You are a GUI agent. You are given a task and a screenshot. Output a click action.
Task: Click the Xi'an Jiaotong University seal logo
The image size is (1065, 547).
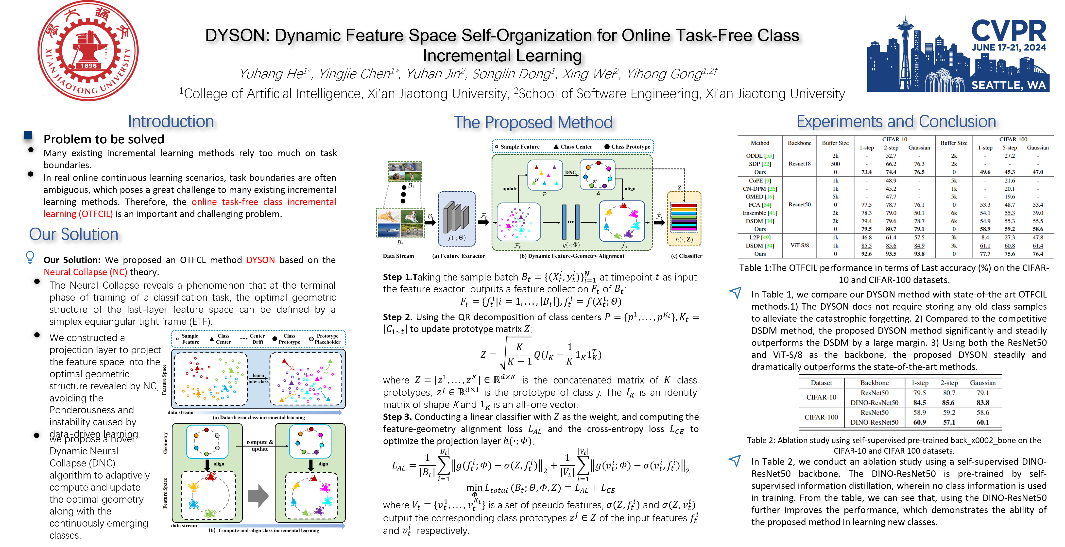(x=88, y=50)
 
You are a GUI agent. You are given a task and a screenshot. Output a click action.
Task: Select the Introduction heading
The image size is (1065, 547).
(x=171, y=121)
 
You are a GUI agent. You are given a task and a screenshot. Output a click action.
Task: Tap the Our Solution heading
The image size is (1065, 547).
(x=74, y=234)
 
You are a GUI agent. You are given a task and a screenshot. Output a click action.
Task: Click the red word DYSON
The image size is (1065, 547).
(x=260, y=260)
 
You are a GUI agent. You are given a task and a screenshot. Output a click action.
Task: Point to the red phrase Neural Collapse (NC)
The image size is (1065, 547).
(x=86, y=272)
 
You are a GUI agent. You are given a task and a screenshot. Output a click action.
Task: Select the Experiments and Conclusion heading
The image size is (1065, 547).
(x=896, y=121)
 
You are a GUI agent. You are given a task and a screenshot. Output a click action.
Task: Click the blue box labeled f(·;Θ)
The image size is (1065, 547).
(x=456, y=219)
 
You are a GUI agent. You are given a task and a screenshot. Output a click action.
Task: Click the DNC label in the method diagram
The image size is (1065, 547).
(x=570, y=172)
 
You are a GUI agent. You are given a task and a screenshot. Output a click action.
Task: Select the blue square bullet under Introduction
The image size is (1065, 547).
(x=28, y=135)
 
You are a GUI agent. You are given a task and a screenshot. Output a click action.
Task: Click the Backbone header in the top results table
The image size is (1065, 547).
(x=799, y=143)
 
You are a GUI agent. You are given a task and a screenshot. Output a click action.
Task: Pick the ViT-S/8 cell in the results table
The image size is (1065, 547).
(x=799, y=245)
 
